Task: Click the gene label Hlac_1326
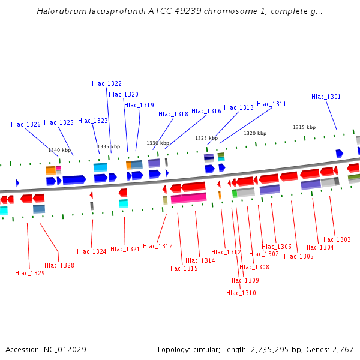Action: point(26,125)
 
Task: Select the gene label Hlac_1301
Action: point(326,97)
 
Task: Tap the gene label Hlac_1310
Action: point(241,293)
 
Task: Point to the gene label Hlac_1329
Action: point(30,273)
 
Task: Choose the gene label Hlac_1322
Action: point(107,83)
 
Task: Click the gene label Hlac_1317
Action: point(158,246)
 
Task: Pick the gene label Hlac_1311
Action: point(271,104)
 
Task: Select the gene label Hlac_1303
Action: point(336,239)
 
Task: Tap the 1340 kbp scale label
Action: point(59,150)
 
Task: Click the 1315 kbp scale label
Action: point(304,127)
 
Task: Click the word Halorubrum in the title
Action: point(59,11)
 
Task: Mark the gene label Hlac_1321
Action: point(125,249)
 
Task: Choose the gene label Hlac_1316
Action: point(206,111)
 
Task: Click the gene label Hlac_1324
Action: point(92,251)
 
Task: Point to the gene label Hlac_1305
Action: point(299,256)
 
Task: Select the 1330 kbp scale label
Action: point(158,143)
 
